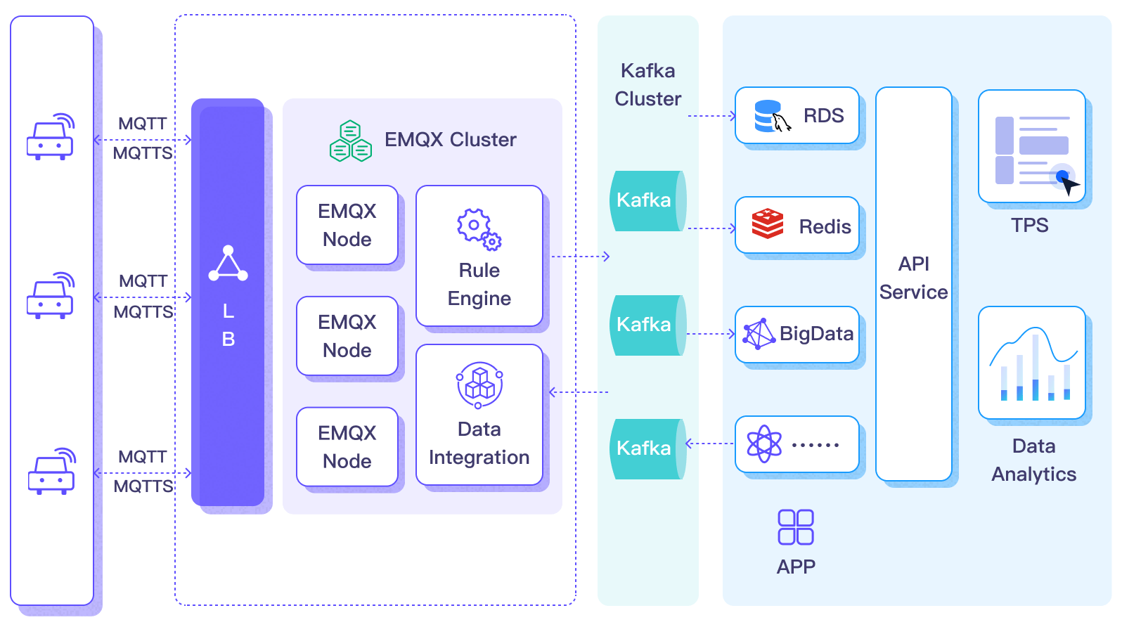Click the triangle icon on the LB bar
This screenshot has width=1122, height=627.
(x=228, y=264)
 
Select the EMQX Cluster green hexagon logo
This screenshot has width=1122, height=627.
(x=350, y=141)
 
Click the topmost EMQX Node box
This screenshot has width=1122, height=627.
(x=347, y=225)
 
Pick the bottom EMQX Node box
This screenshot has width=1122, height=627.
(x=347, y=447)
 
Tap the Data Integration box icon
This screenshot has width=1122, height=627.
(x=479, y=384)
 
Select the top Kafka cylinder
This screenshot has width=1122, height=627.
(x=647, y=201)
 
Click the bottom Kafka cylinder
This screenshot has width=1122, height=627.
(x=647, y=449)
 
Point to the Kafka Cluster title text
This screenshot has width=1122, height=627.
(x=647, y=84)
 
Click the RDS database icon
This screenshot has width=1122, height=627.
(x=771, y=116)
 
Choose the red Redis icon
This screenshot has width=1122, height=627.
(x=767, y=224)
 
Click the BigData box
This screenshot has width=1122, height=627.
(x=797, y=335)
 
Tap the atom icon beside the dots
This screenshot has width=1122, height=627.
(x=764, y=444)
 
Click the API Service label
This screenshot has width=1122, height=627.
(x=913, y=278)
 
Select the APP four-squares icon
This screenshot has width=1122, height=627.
(x=796, y=527)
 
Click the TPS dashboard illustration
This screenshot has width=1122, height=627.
(x=1032, y=146)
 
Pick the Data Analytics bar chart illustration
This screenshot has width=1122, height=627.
(x=1032, y=363)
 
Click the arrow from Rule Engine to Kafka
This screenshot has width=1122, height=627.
(x=580, y=257)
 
